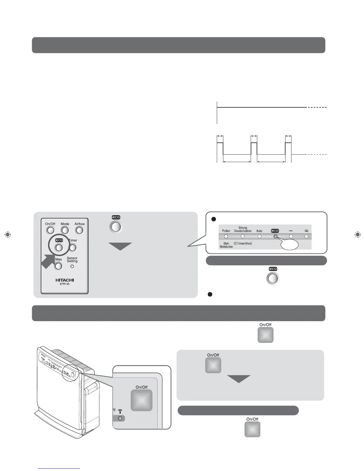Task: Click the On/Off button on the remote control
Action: pyautogui.click(x=50, y=230)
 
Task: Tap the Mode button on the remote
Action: pyautogui.click(x=65, y=230)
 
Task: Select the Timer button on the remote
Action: pyautogui.click(x=73, y=247)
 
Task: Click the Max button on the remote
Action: pyautogui.click(x=59, y=266)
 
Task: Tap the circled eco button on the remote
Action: pyautogui.click(x=59, y=247)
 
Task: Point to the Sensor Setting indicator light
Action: pyautogui.click(x=72, y=266)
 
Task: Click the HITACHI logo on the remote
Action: pyautogui.click(x=65, y=280)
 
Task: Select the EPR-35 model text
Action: pyautogui.click(x=65, y=284)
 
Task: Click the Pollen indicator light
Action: pyautogui.click(x=226, y=237)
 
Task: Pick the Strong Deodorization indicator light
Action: pyautogui.click(x=243, y=237)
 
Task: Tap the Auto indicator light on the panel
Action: pyautogui.click(x=259, y=237)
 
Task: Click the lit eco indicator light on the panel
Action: pyautogui.click(x=275, y=237)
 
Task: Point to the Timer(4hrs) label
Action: pyautogui.click(x=243, y=244)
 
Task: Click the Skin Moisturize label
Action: pyautogui.click(x=226, y=245)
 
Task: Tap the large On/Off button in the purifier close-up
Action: pyautogui.click(x=142, y=400)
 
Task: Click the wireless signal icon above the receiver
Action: pyautogui.click(x=120, y=412)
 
